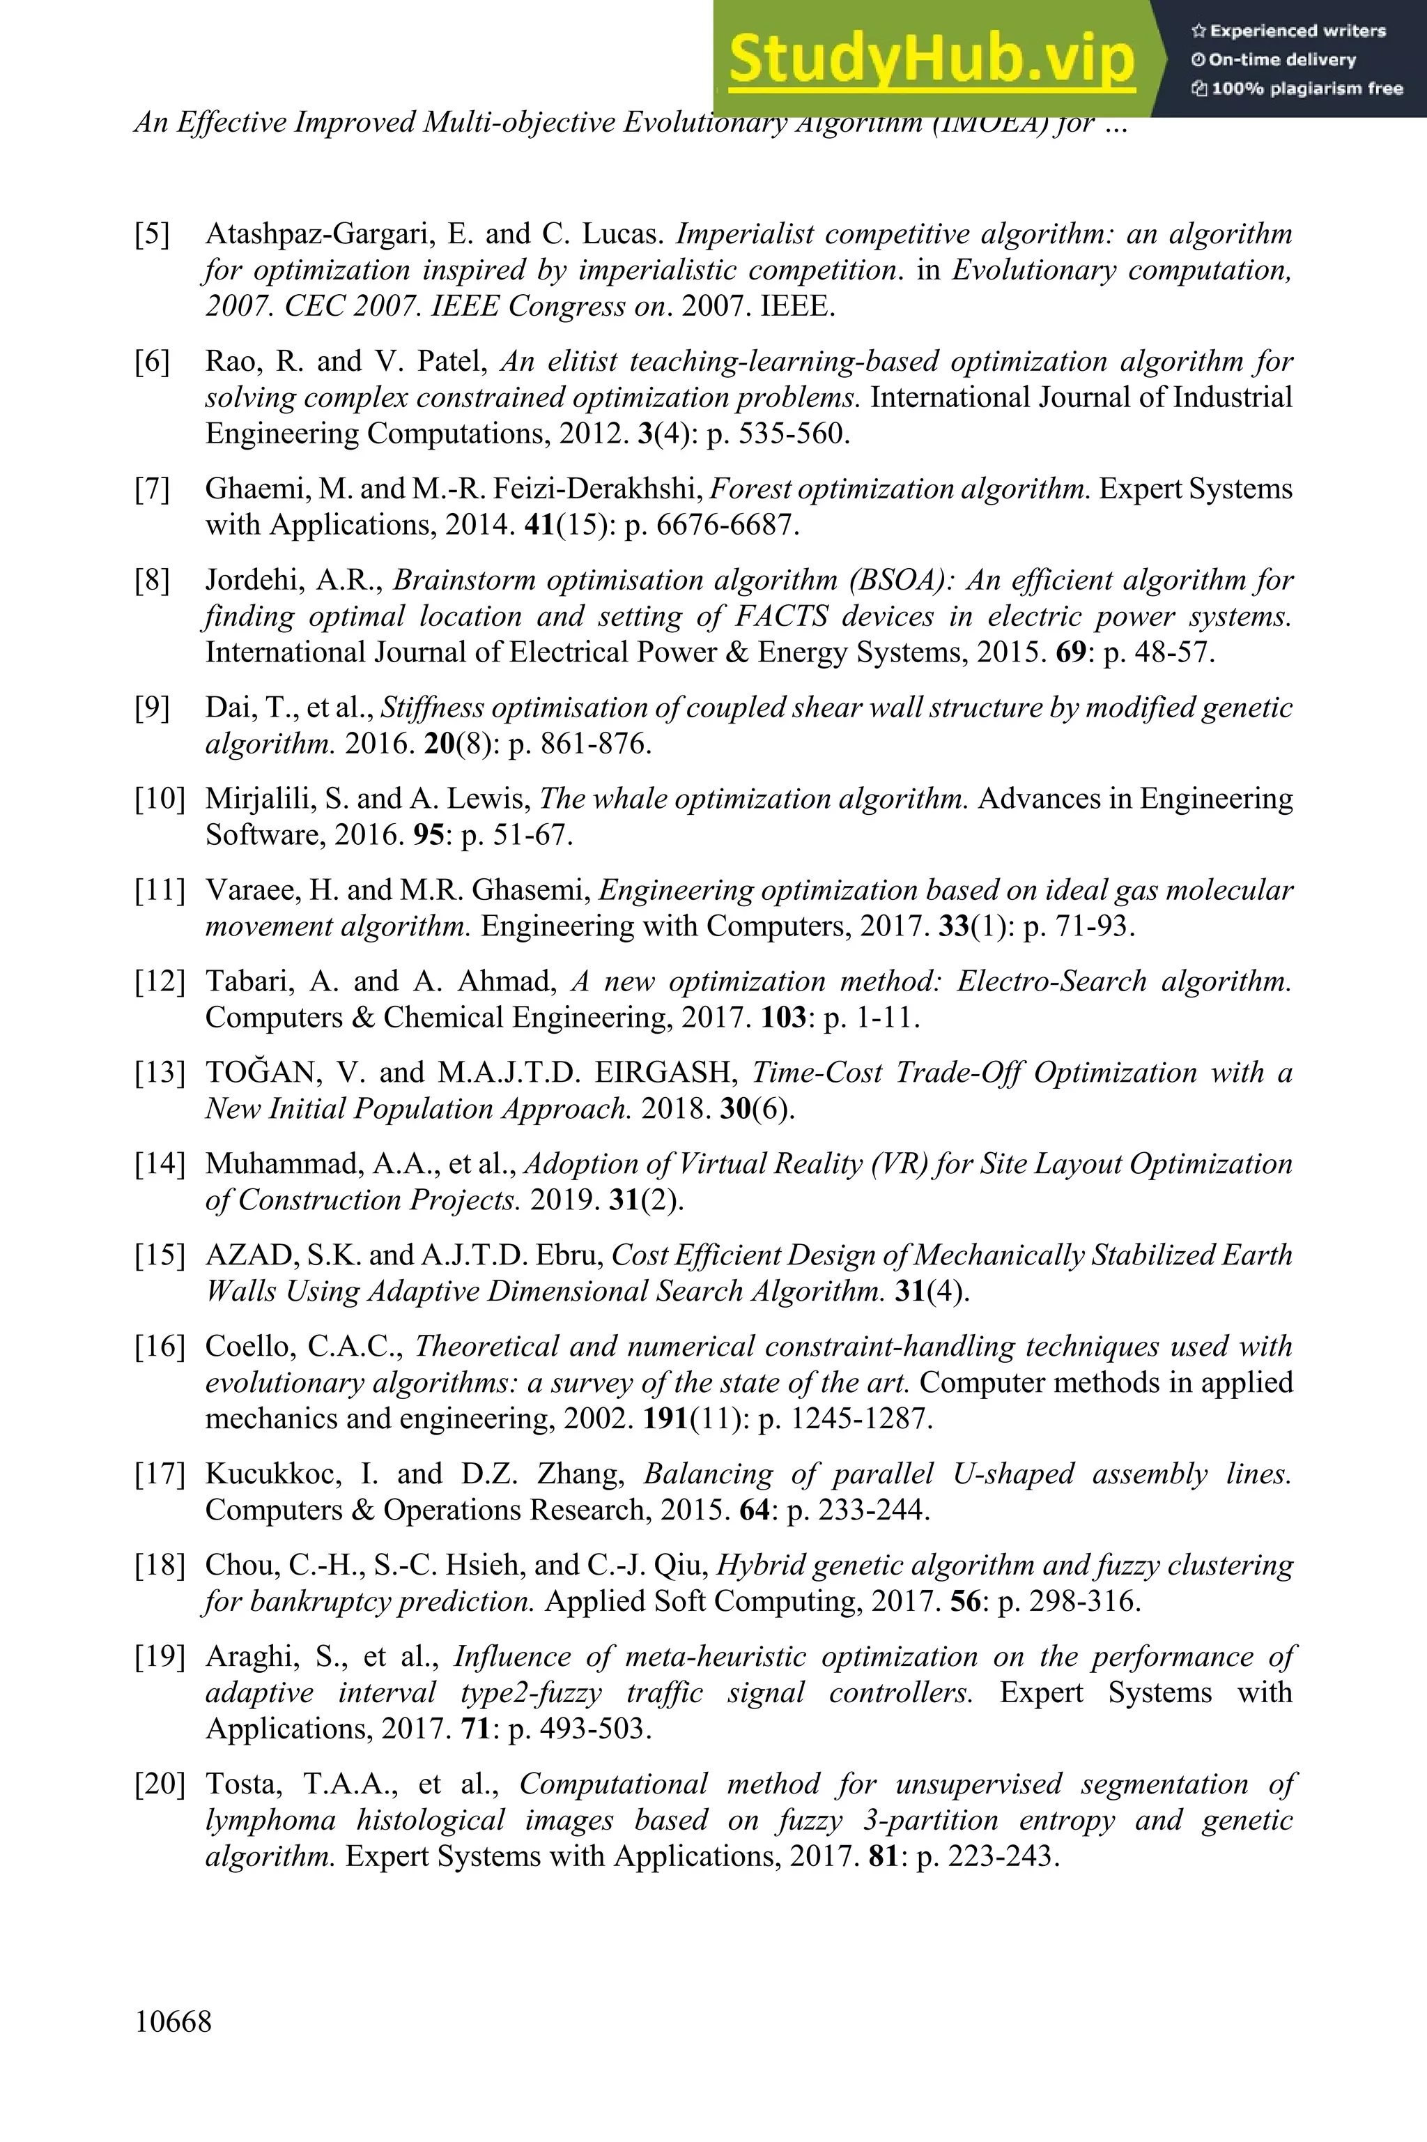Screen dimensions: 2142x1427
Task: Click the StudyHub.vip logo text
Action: click(x=931, y=59)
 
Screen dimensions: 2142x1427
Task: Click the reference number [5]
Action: click(x=152, y=234)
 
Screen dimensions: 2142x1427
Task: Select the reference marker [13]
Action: click(x=160, y=1072)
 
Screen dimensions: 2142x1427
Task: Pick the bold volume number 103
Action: click(x=784, y=1017)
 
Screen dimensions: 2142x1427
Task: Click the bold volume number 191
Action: click(x=665, y=1418)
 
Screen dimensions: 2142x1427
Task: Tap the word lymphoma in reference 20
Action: click(x=270, y=1820)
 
